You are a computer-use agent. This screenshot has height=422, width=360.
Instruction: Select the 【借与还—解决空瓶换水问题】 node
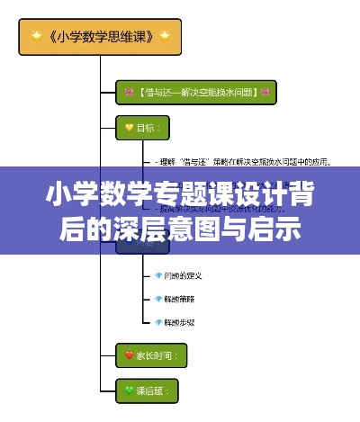[195, 92]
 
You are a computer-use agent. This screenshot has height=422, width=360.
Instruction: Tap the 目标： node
[140, 129]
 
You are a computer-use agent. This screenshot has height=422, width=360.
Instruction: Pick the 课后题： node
[147, 391]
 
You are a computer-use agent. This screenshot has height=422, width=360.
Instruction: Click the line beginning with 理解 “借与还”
[243, 163]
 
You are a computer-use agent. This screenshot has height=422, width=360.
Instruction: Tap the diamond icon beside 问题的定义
[158, 275]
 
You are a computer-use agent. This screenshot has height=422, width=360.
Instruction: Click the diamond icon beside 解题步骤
[158, 321]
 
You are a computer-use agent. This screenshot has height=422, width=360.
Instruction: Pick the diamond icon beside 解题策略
[158, 298]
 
